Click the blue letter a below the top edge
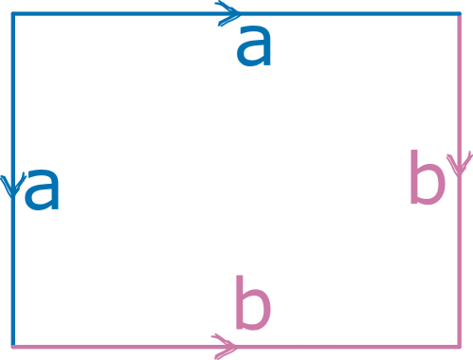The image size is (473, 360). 253,47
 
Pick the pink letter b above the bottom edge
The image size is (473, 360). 252,305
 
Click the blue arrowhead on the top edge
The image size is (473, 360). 227,13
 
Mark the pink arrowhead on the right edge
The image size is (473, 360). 460,166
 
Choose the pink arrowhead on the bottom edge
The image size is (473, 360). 226,346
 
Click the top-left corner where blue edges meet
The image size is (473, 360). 13,13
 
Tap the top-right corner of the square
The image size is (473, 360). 460,13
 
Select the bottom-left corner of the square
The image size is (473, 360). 13,346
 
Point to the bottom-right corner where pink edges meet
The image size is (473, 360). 460,346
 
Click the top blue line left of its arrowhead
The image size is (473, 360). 114,13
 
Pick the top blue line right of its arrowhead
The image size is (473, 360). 351,13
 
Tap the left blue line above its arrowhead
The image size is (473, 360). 13,95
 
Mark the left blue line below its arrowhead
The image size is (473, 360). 13,275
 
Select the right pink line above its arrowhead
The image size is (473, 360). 460,85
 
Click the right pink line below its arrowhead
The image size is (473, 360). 460,265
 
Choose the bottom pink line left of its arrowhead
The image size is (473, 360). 114,346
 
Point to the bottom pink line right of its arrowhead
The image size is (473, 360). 351,346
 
